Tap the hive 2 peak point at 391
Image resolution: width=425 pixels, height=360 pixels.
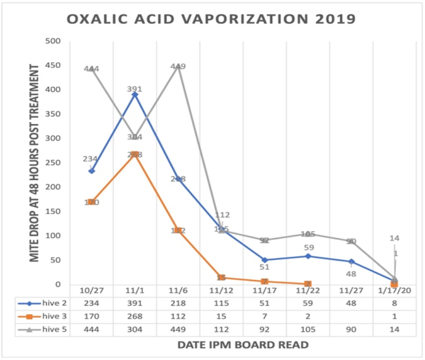135,94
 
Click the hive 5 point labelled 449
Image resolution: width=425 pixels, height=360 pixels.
179,67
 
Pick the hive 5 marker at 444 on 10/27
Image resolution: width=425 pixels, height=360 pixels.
92,69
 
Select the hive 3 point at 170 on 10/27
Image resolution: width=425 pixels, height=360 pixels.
92,202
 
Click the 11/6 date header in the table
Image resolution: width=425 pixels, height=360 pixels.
179,290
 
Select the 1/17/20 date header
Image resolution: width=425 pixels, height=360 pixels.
395,290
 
